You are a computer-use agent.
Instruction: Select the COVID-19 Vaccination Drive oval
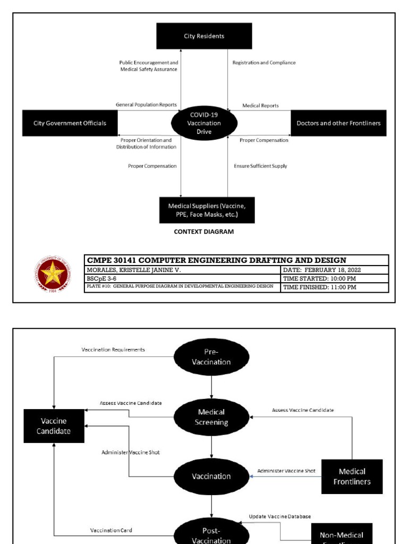(204, 123)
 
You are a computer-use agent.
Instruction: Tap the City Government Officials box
(70, 123)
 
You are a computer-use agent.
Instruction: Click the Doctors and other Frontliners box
(338, 123)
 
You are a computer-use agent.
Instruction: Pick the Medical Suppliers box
(207, 210)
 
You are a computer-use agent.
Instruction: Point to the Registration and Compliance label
(264, 63)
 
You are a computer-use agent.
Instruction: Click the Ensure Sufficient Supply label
(260, 166)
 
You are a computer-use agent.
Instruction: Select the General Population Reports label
(146, 105)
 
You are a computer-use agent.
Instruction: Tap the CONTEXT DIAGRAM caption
(204, 232)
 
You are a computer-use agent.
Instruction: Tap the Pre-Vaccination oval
(211, 357)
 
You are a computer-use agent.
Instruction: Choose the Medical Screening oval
(211, 417)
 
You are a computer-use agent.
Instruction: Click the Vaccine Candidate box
(54, 426)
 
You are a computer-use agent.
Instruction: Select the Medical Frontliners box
(352, 477)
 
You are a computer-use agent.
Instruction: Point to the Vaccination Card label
(111, 530)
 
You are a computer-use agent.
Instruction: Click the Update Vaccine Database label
(280, 516)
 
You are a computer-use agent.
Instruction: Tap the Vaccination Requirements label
(113, 350)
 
